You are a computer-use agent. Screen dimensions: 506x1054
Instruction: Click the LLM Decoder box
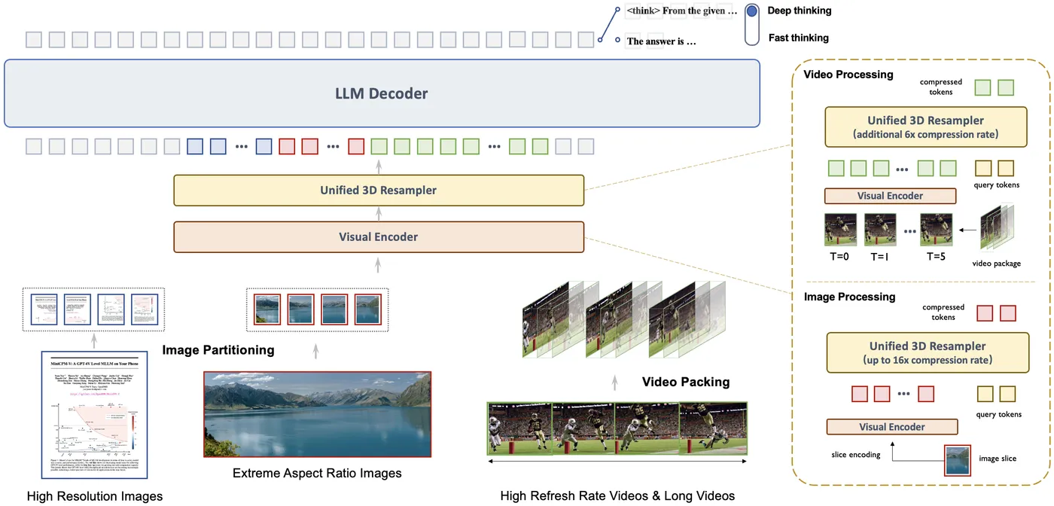click(381, 94)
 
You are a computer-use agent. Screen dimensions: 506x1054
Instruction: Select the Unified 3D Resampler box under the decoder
click(379, 191)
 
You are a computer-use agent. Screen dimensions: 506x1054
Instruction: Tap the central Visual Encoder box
click(379, 236)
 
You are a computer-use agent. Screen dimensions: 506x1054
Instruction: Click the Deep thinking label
click(799, 11)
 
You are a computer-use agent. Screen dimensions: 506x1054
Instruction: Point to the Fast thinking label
click(798, 38)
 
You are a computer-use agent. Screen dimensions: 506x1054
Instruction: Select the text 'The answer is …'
click(661, 41)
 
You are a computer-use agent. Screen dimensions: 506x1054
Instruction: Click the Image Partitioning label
click(218, 349)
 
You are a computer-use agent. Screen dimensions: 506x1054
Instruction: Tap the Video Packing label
click(685, 382)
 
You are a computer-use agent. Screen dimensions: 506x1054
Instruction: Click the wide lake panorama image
click(317, 414)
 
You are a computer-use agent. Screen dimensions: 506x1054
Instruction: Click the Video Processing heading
click(848, 75)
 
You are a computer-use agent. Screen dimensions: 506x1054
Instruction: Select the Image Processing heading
click(849, 297)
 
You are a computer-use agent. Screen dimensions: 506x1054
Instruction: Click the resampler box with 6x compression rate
click(925, 126)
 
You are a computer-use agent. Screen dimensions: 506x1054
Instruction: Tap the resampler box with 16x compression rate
click(927, 352)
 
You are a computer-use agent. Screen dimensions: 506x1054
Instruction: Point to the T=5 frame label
click(936, 256)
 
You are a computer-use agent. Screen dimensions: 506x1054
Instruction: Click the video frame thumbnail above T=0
click(839, 230)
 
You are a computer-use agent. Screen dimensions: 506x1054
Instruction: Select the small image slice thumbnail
click(957, 460)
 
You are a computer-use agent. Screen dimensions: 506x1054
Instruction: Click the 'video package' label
click(996, 264)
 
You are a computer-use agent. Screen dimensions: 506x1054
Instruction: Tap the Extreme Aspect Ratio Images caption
click(317, 474)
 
